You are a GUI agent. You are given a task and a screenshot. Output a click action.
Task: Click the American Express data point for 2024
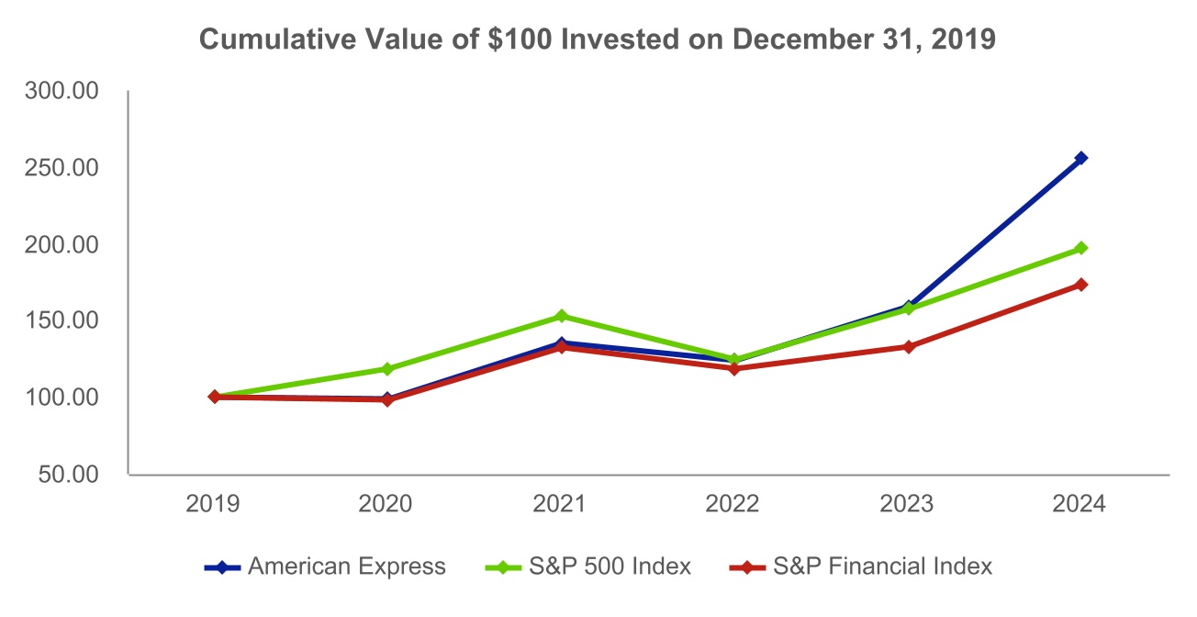tap(1081, 158)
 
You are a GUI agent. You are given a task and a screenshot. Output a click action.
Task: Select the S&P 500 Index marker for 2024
tap(1081, 248)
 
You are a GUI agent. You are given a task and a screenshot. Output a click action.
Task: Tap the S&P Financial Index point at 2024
tap(1081, 285)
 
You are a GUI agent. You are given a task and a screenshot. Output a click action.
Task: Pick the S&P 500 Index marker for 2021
tap(561, 316)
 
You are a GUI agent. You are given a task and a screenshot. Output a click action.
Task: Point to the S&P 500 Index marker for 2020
tap(387, 369)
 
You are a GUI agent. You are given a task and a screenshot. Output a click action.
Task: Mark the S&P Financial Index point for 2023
tap(908, 347)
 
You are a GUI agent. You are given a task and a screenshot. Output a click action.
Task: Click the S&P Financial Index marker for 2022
tap(734, 369)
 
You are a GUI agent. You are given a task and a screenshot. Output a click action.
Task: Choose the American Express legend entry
tap(326, 567)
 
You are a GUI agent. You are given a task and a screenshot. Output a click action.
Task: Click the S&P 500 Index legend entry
tap(587, 567)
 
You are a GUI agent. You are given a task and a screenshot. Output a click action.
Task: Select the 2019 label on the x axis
tap(214, 504)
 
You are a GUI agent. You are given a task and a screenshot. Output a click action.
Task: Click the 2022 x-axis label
tap(734, 504)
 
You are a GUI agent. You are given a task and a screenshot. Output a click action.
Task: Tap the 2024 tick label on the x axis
tap(1081, 504)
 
